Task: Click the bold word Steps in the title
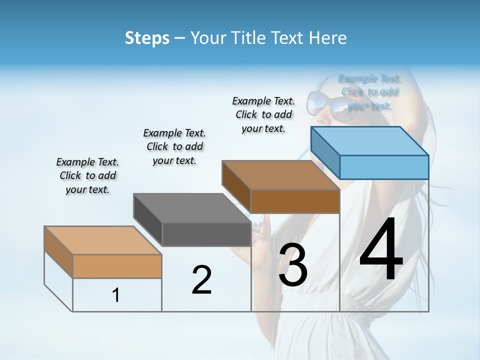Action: coord(146,38)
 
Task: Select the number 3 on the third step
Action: coord(293,265)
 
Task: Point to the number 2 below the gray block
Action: coord(201,280)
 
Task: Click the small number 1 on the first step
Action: coord(115,295)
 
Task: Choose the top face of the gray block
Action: coord(192,208)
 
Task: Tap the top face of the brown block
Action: coord(280,175)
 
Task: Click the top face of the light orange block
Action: coord(103,240)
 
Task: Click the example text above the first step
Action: coord(87,175)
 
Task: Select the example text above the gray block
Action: coord(174,146)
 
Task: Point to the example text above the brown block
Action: coord(263,114)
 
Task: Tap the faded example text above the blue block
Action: coord(370,92)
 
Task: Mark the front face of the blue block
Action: coord(384,167)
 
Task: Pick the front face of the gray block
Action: coord(206,234)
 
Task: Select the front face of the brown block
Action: coord(295,201)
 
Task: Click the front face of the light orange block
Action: coord(117,266)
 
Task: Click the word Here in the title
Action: coord(328,38)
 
